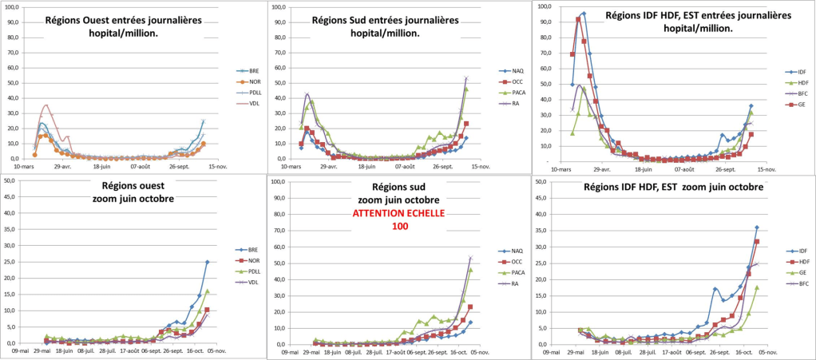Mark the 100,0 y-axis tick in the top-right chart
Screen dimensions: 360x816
point(545,6)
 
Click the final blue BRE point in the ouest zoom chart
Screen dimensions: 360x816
point(207,262)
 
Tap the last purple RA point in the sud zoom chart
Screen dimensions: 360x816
point(470,258)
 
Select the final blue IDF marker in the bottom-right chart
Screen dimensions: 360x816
point(757,227)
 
